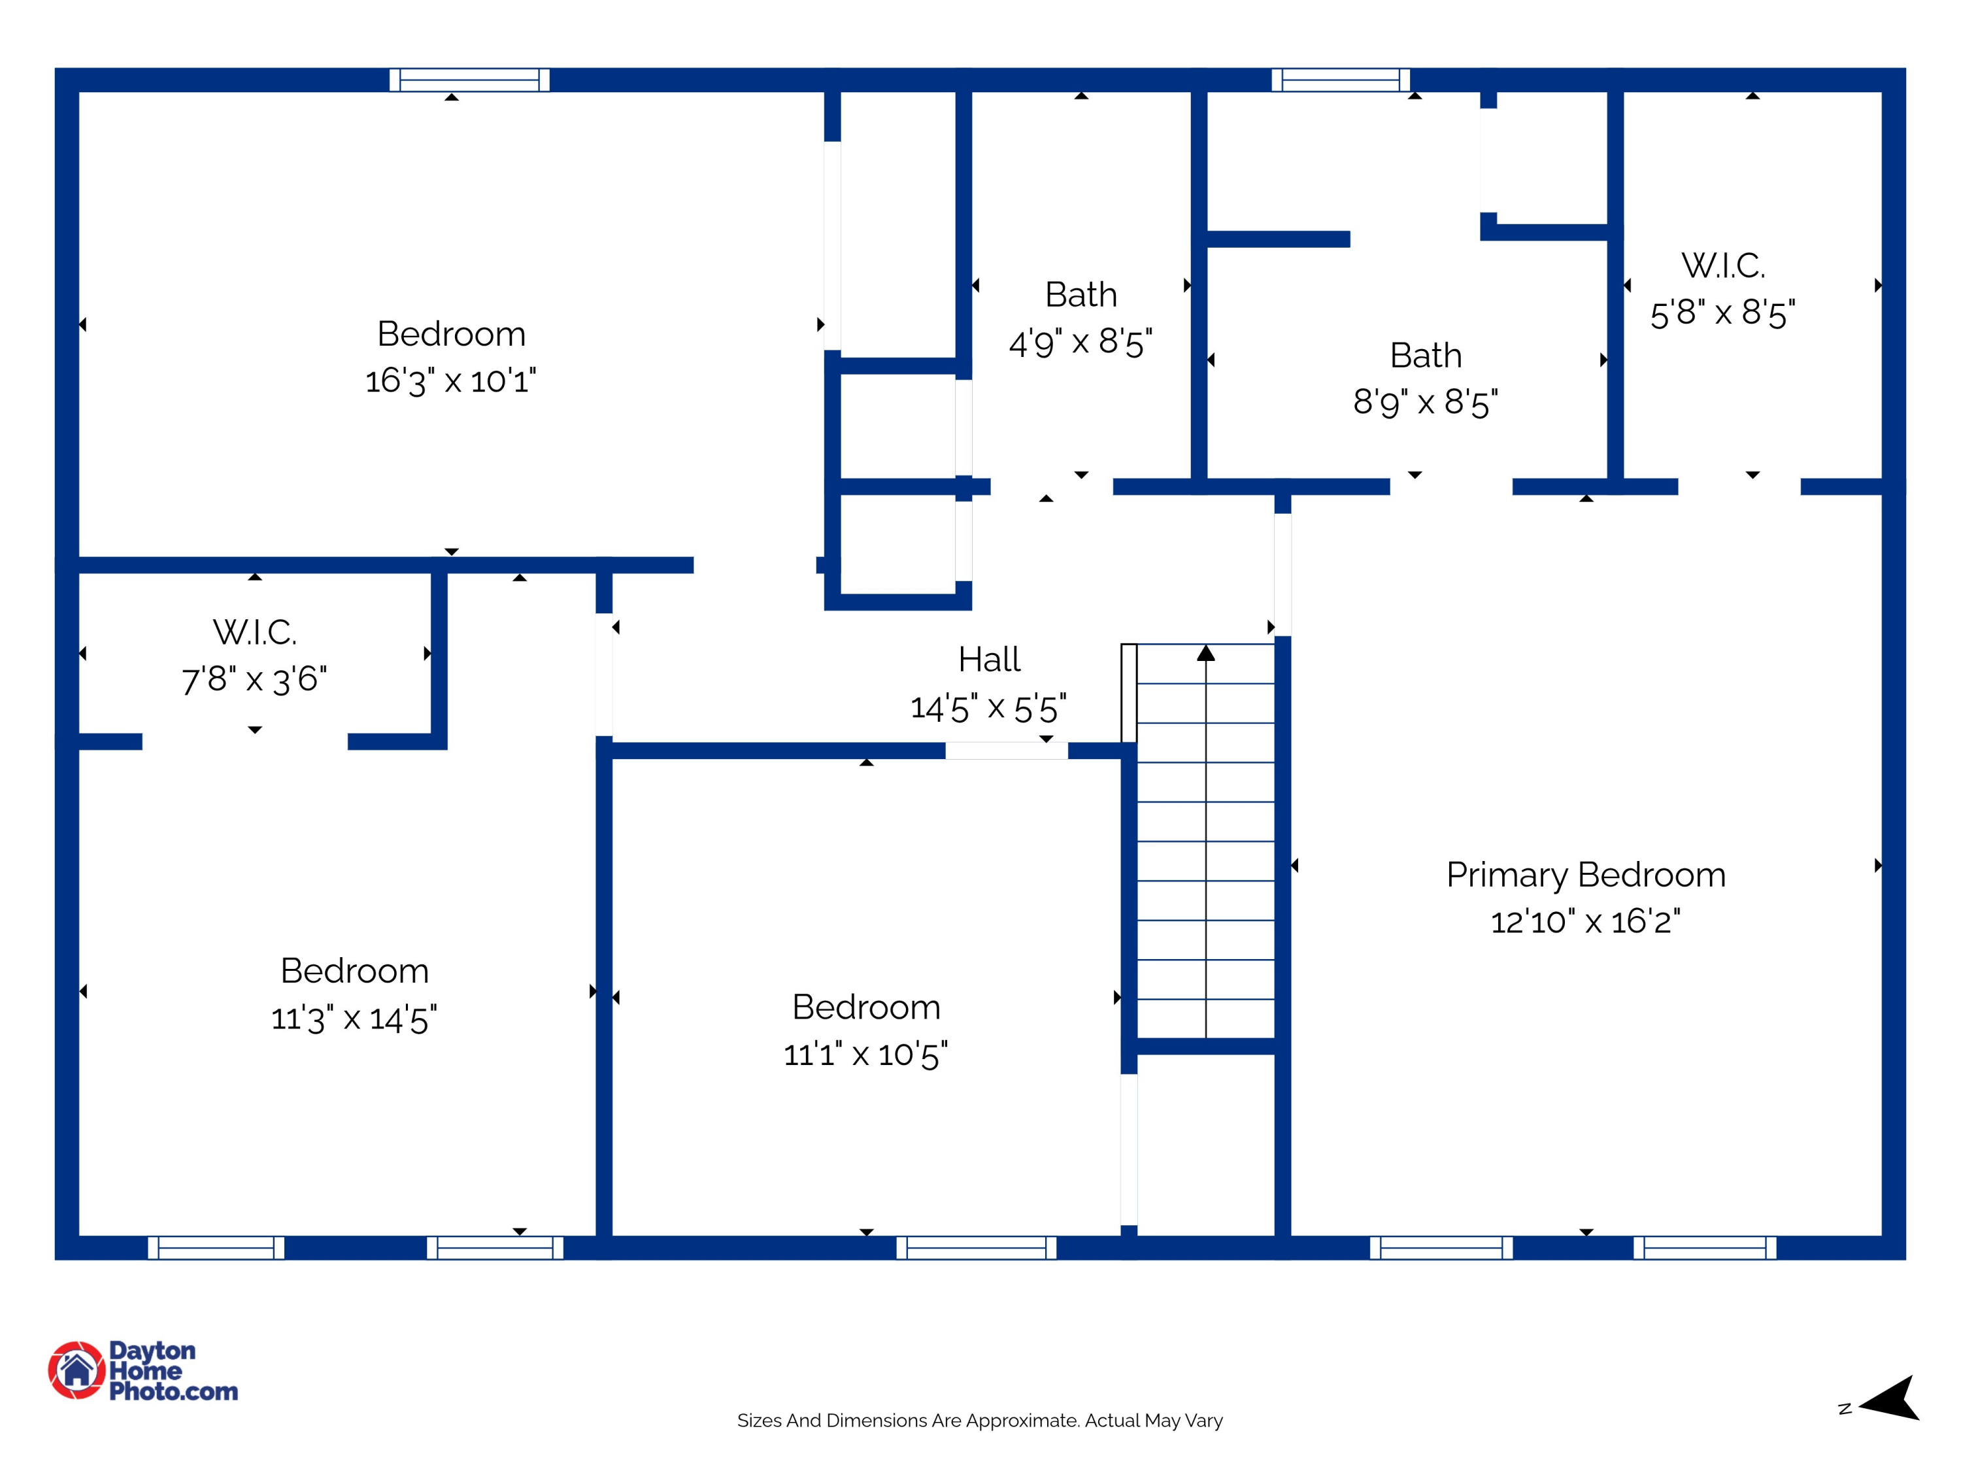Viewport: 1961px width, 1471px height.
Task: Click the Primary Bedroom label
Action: point(1585,875)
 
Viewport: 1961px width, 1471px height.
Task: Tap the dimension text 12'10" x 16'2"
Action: point(1585,922)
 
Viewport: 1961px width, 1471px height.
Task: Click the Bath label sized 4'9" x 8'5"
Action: point(1081,294)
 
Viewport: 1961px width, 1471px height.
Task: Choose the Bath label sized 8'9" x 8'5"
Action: point(1426,356)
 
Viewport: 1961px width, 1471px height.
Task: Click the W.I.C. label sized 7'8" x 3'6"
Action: point(254,633)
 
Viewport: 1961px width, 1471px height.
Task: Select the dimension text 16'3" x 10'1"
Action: point(450,381)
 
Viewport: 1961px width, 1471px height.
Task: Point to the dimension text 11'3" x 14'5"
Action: point(354,1019)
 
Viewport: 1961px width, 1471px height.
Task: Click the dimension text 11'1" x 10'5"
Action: point(865,1055)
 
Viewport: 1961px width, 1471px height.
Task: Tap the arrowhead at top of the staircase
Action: point(1205,654)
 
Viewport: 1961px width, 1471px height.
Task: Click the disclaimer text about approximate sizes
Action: point(980,1421)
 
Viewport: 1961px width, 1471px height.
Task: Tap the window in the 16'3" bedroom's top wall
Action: point(469,80)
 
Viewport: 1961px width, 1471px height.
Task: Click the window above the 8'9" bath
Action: point(1341,80)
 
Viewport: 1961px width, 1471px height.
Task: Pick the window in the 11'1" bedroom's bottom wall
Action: point(976,1247)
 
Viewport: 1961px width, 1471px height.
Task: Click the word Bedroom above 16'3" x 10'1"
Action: point(450,334)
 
